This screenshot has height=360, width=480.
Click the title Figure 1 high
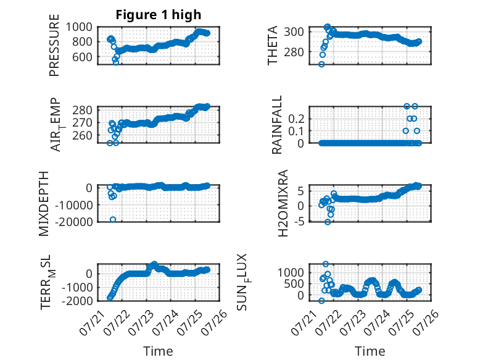pos(159,15)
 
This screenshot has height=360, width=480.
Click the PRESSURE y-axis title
pos(54,45)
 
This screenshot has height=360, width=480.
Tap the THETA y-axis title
pos(272,45)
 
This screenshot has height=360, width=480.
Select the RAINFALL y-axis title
pos(276,124)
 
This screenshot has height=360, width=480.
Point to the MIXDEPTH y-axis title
pos(44,203)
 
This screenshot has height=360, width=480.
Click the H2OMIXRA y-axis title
pos(283,203)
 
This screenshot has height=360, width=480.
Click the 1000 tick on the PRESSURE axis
pos(79,27)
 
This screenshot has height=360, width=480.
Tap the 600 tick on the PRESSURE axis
pos(82,57)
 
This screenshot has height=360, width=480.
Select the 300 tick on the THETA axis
pos(294,31)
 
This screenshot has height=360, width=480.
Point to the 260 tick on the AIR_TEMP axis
pos(82,135)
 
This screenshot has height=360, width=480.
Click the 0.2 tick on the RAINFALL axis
pos(296,119)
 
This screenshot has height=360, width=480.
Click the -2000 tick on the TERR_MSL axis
pos(77,301)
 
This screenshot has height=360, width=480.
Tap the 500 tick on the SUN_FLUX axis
pos(294,284)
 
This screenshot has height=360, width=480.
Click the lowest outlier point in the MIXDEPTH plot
pos(113,219)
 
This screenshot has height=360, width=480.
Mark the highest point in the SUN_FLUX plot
pos(326,264)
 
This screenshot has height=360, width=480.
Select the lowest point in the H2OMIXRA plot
pos(328,222)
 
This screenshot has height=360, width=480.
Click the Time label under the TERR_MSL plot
pos(158,351)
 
